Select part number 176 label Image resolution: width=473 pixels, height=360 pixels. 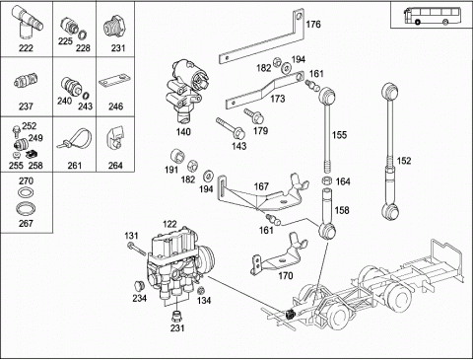pyautogui.click(x=313, y=25)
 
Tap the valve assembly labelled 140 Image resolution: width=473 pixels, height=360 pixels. pyautogui.click(x=185, y=90)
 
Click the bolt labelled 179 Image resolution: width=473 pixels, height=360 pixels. pyautogui.click(x=254, y=115)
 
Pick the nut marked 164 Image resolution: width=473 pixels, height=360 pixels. pyautogui.click(x=326, y=180)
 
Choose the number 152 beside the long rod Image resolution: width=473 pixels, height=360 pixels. pyautogui.click(x=404, y=161)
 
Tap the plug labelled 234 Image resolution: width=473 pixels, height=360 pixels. pyautogui.click(x=140, y=286)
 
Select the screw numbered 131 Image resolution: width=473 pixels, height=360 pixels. pyautogui.click(x=136, y=249)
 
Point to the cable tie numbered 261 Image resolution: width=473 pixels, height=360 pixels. pyautogui.click(x=75, y=139)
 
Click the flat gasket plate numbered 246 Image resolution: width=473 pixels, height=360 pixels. pyautogui.click(x=114, y=81)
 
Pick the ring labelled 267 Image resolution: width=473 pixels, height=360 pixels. pyautogui.click(x=26, y=208)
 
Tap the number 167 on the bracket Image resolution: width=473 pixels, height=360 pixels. pyautogui.click(x=261, y=186)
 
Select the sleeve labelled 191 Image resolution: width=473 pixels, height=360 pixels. pyautogui.click(x=178, y=156)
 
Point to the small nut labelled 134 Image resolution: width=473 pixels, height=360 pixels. pyautogui.click(x=202, y=290)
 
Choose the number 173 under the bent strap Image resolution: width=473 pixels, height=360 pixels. pyautogui.click(x=278, y=99)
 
